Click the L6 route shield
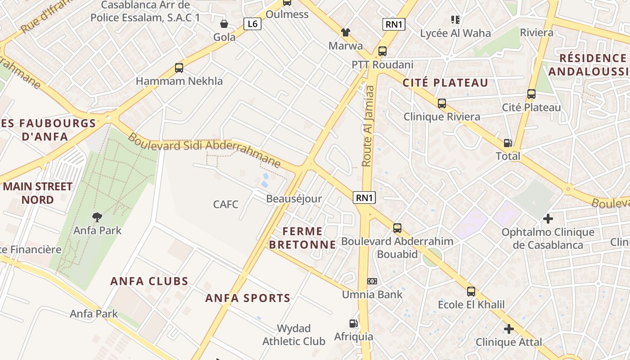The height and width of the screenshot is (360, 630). pos(252,24)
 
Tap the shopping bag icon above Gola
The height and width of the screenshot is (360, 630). pos(224,24)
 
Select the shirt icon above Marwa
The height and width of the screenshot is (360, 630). pos(345,32)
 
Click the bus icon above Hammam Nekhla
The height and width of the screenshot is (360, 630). pos(179,68)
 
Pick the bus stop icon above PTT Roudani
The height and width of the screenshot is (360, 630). pos(382,51)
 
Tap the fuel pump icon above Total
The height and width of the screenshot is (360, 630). pos(508,143)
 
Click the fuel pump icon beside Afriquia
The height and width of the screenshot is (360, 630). pos(353,323)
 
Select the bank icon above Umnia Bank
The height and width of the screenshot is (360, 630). pos(372,281)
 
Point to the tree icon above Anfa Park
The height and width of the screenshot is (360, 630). pos(97,218)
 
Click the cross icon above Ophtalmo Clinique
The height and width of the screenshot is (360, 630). pos(548,219)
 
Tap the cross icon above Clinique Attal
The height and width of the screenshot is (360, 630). pos(509,329)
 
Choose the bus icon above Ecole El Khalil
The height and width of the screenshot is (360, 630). pos(471,292)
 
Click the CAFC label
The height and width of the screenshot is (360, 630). pos(225,204)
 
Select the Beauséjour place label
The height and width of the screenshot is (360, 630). pos(294,199)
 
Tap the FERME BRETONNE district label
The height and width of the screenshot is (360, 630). pos(309,238)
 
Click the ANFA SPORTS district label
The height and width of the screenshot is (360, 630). pos(248,298)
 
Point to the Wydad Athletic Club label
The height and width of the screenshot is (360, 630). pos(294,335)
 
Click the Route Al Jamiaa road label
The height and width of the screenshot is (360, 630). pos(368,126)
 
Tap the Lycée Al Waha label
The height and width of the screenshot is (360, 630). pos(455,33)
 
